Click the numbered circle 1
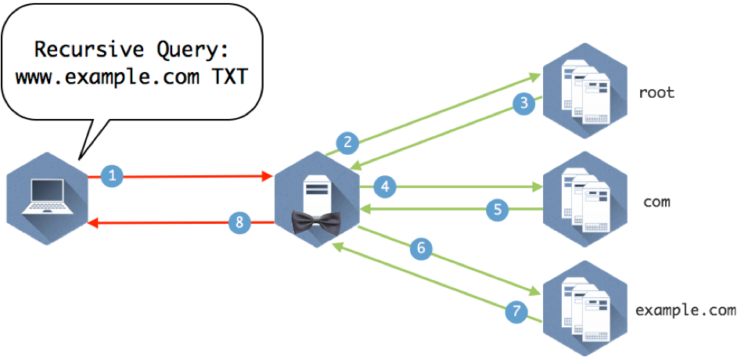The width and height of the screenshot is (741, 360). (x=112, y=177)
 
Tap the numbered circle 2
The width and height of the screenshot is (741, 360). (x=347, y=142)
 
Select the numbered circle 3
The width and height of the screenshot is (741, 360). (x=524, y=103)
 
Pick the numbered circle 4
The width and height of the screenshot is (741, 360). (x=384, y=186)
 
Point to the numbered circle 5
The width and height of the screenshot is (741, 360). (x=497, y=209)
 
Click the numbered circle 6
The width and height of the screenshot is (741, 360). (x=421, y=249)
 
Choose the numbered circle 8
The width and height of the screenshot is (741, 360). (x=240, y=222)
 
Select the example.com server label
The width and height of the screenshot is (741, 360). (x=685, y=310)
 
